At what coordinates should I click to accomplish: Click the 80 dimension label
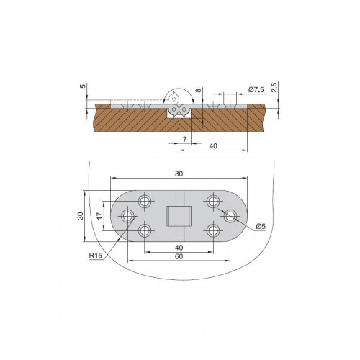click(x=179, y=174)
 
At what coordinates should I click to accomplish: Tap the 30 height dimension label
click(x=81, y=216)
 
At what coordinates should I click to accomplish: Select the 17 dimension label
click(x=100, y=216)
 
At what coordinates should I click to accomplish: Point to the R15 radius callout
click(x=96, y=256)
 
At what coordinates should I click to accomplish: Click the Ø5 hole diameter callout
click(x=261, y=226)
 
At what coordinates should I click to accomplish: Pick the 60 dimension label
click(x=179, y=256)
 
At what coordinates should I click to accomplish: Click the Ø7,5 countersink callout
click(x=256, y=90)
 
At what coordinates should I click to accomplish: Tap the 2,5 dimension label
click(x=275, y=87)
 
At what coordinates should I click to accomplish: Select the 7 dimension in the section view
click(x=185, y=139)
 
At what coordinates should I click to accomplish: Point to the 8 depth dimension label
click(x=198, y=91)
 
